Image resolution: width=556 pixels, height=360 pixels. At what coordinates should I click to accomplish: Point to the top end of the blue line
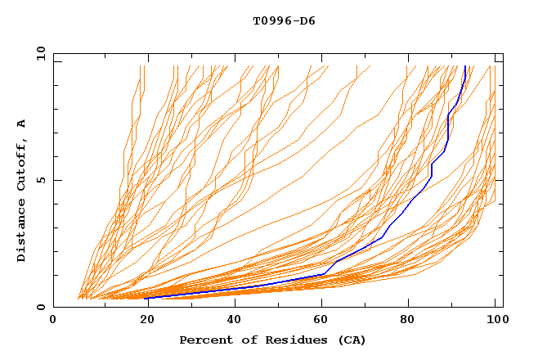click(x=465, y=66)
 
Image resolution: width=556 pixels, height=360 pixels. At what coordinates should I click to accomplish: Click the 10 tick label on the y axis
click(x=40, y=53)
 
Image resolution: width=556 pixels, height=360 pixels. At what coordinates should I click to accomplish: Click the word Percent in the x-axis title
click(x=203, y=340)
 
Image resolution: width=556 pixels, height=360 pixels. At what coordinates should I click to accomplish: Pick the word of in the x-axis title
click(x=244, y=340)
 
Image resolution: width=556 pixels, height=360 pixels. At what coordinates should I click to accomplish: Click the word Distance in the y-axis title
click(x=22, y=233)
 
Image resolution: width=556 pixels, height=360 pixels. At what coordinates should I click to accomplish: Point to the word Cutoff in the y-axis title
click(x=22, y=164)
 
